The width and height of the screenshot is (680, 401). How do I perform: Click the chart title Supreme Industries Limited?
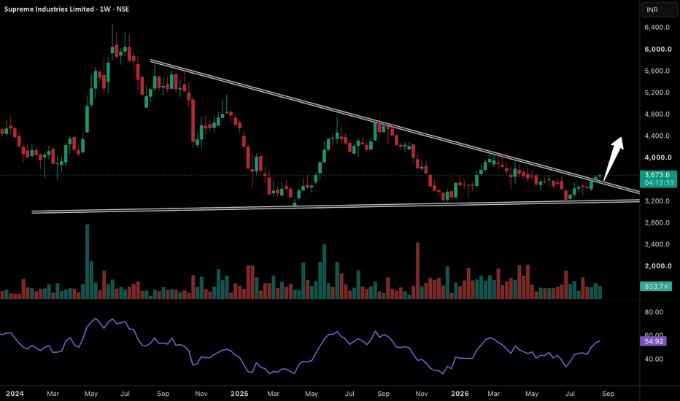[x=49, y=9]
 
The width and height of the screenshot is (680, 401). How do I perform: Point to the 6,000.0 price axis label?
[x=658, y=49]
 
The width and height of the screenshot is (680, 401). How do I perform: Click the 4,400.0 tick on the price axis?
[x=657, y=136]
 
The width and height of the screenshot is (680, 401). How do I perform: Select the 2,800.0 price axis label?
[x=657, y=222]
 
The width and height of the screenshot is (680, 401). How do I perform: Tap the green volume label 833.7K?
[x=656, y=286]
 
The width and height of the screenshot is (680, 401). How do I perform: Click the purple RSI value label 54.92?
[x=654, y=341]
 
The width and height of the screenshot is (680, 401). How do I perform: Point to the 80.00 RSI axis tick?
[x=654, y=312]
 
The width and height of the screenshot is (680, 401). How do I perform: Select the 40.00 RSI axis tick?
[x=654, y=359]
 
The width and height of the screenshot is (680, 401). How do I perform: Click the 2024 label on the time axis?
[x=15, y=394]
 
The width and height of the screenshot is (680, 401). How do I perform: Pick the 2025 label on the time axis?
[x=239, y=394]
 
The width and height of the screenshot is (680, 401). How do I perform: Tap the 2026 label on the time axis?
[x=460, y=394]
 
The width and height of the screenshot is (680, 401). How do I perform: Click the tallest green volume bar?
[x=87, y=262]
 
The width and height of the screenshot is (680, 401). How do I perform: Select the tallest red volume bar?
[x=417, y=270]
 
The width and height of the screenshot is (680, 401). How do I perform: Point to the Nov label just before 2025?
[x=201, y=394]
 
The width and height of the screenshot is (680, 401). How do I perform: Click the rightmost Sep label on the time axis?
[x=608, y=394]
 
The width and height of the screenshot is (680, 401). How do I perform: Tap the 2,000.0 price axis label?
[x=657, y=265]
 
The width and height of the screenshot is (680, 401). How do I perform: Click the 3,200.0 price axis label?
[x=657, y=200]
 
